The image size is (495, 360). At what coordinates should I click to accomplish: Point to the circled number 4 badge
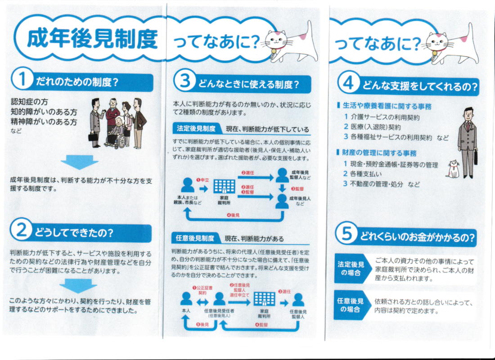(x=348, y=83)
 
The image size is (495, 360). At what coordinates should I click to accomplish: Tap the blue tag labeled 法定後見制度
(x=196, y=129)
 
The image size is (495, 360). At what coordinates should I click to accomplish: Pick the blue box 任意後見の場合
(x=351, y=305)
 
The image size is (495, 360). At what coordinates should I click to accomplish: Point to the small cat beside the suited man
(x=453, y=169)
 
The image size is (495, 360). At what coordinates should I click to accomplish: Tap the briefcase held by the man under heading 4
(x=476, y=157)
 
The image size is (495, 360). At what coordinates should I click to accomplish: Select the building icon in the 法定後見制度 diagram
(x=225, y=186)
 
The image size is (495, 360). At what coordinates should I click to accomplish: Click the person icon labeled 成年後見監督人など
(x=282, y=175)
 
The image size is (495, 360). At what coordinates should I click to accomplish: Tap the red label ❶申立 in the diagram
(x=202, y=180)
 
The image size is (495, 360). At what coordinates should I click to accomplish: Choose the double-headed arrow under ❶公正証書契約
(x=202, y=302)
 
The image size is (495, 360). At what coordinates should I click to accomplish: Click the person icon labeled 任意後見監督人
(x=298, y=300)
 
